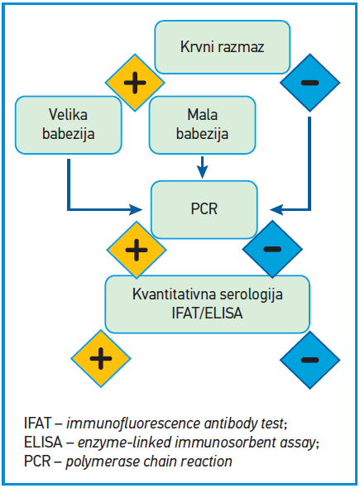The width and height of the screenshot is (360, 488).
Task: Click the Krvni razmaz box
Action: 223,47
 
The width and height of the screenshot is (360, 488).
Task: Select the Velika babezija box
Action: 68,125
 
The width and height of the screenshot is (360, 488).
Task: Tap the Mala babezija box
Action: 203,125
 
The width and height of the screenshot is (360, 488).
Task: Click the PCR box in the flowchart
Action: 204,209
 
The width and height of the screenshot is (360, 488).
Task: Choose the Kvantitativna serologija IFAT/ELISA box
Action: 208,304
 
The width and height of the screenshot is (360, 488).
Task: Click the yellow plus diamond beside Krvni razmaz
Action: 135,83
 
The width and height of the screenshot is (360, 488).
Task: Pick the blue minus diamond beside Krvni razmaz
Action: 310,83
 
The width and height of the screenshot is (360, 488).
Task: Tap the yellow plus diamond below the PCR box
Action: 137,250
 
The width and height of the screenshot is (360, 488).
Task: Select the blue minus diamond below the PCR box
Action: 272,249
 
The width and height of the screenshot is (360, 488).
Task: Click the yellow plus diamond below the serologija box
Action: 101,358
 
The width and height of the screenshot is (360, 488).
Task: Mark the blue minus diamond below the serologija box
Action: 310,360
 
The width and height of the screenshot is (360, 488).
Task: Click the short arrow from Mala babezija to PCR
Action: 203,167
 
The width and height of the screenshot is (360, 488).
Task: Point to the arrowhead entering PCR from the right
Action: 276,209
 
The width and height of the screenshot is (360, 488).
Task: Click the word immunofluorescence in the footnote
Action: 133,423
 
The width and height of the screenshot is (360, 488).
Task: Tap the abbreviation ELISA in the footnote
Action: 43,443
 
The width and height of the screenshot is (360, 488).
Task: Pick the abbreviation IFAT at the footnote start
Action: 37,423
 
